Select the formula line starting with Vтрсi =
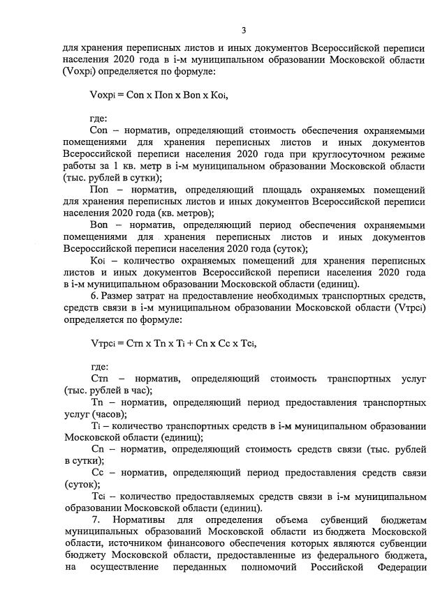168,344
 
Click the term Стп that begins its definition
99,379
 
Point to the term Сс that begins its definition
98,473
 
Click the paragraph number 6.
94,297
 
